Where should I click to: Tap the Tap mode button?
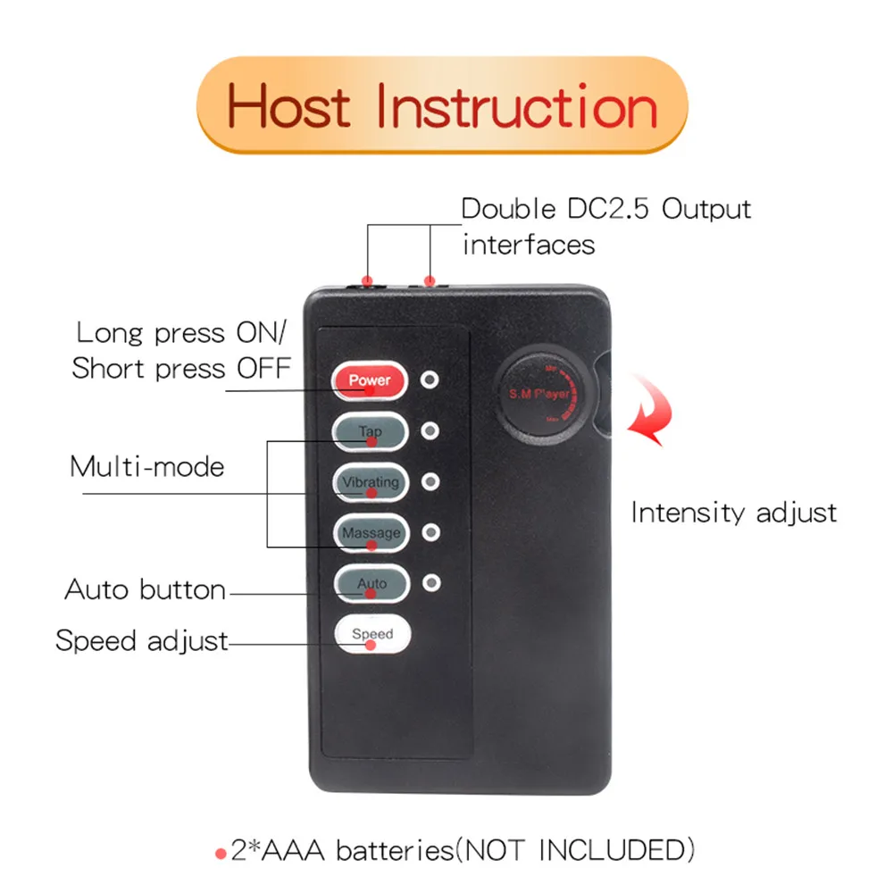click(x=371, y=431)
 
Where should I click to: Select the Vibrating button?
click(x=371, y=482)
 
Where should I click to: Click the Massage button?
click(x=371, y=533)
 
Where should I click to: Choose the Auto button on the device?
click(x=371, y=584)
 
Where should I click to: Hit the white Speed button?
click(x=372, y=634)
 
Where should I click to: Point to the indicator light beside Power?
click(x=430, y=380)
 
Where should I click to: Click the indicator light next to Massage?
click(x=431, y=532)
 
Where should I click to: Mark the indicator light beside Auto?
click(x=431, y=583)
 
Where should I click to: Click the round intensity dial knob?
click(x=539, y=394)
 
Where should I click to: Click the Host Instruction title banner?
click(x=442, y=105)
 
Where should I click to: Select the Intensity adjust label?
click(x=734, y=513)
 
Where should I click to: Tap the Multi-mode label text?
click(x=147, y=467)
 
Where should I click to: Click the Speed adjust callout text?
click(x=142, y=640)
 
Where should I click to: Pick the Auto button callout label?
click(x=146, y=589)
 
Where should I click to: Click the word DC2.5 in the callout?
click(x=607, y=209)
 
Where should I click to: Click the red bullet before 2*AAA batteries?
click(x=221, y=854)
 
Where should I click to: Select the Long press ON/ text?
click(x=181, y=333)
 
